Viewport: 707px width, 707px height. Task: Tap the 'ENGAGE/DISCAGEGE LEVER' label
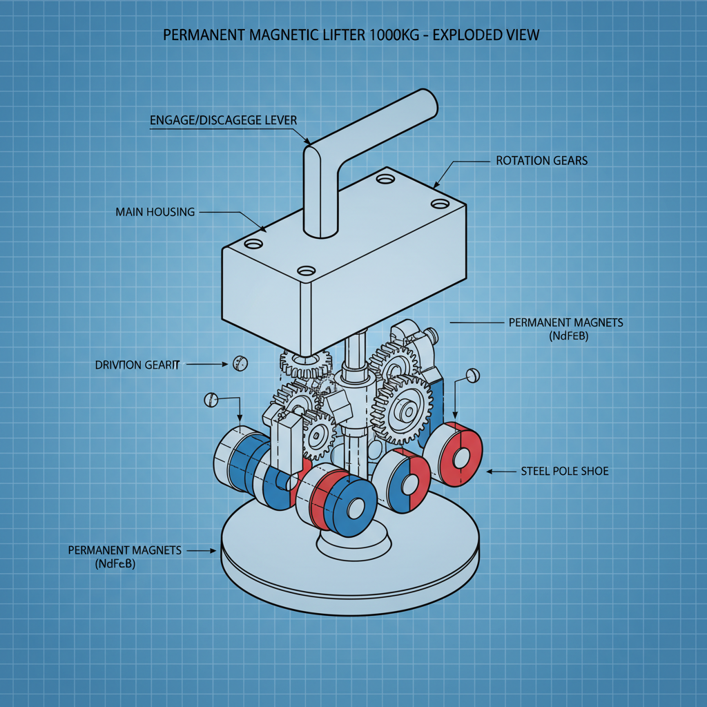(x=223, y=120)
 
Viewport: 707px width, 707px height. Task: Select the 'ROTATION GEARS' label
(x=542, y=161)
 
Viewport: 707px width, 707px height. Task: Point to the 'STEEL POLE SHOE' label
(x=564, y=472)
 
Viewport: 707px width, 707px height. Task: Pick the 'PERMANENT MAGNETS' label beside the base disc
(x=125, y=550)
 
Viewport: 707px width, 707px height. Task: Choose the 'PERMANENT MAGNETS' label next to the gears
(x=565, y=322)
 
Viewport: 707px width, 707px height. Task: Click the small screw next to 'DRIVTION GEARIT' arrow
(x=240, y=362)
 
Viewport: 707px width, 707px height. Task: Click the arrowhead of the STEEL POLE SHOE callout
(x=490, y=472)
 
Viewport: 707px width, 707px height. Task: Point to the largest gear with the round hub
(x=402, y=411)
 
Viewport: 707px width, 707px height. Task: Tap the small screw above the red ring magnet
(x=472, y=376)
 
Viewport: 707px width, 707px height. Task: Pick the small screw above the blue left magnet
(x=212, y=399)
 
